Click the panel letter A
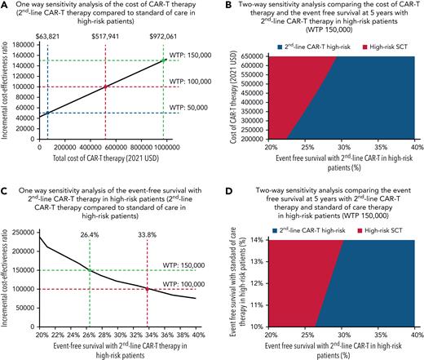[x=5, y=6]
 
